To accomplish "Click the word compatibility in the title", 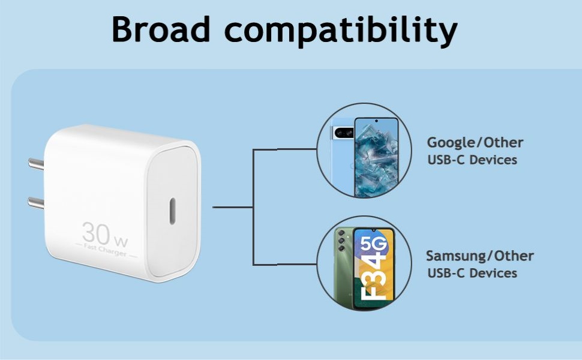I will pos(340,30).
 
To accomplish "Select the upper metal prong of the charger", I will pos(36,163).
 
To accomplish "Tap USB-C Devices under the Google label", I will pos(472,160).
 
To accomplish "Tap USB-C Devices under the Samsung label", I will pos(472,274).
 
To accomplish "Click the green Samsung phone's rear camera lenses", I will pos(342,242).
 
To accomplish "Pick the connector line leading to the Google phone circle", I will pos(284,149).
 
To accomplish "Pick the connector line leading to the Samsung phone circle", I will pos(284,264).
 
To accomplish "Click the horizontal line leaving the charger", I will pos(232,207).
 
